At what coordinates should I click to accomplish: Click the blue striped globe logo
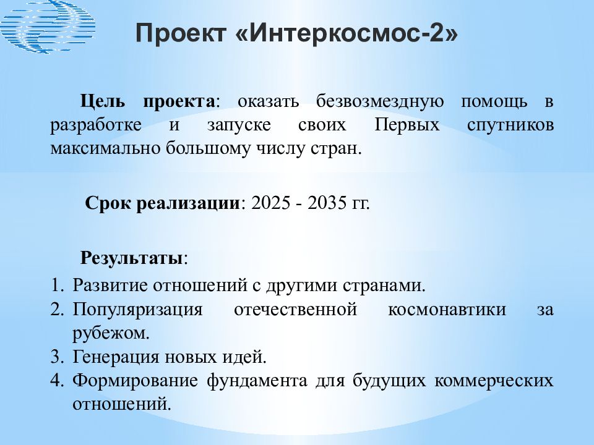point(47,26)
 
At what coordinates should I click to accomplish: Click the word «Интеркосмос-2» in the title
point(346,33)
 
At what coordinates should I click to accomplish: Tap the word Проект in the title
point(181,33)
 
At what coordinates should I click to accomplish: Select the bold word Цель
point(102,101)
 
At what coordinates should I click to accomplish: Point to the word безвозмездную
point(379,101)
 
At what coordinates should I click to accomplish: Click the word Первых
point(407,124)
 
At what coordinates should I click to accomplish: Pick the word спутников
point(510,125)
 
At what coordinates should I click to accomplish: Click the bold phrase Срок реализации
point(162,203)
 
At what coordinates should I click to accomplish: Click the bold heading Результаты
point(131,258)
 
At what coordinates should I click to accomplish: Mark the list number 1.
point(56,285)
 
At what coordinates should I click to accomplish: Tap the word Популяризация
point(137,310)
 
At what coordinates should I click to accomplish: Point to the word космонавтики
point(447,309)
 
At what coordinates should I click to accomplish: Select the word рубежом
point(109,333)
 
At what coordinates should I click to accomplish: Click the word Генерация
point(116,357)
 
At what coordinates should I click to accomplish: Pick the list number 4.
point(56,380)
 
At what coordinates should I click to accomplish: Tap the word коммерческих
point(494,381)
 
